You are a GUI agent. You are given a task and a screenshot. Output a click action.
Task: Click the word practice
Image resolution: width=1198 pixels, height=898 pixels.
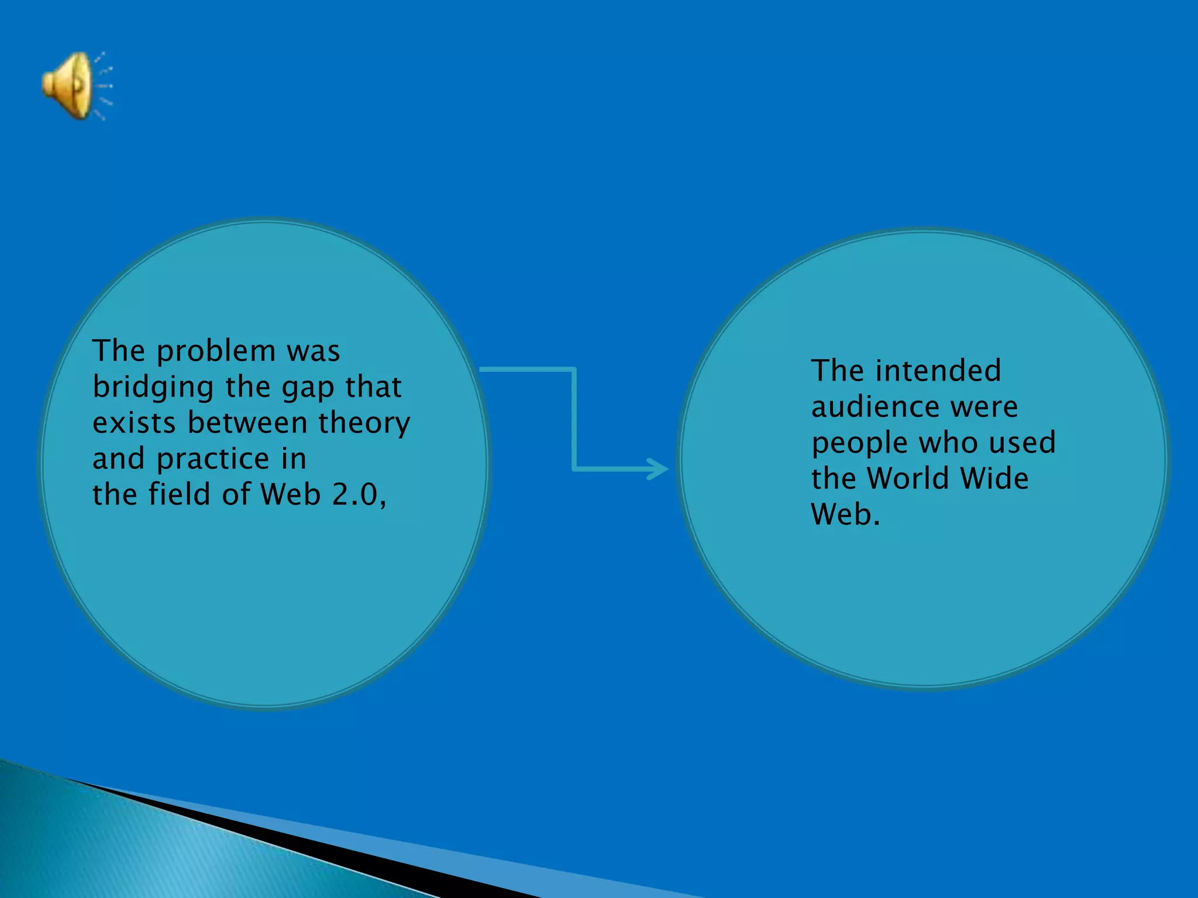click(x=213, y=460)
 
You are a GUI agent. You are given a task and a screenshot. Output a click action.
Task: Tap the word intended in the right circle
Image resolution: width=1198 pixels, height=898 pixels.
click(x=938, y=371)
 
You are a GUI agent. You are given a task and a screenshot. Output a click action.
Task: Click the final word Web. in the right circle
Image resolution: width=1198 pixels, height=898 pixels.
click(x=845, y=514)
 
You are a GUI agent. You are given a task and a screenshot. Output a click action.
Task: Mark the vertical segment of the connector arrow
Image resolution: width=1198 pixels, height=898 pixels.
click(x=574, y=418)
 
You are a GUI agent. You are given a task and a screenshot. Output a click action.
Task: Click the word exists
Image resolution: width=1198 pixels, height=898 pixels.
click(x=134, y=423)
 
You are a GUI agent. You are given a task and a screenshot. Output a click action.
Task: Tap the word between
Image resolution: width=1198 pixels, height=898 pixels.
click(x=248, y=423)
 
